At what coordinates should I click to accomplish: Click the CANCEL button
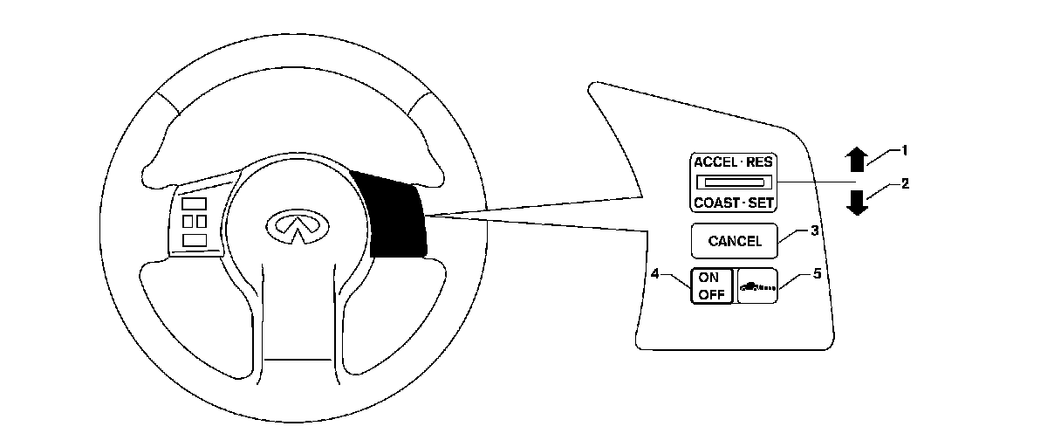[735, 241]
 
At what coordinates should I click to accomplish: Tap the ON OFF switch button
[712, 285]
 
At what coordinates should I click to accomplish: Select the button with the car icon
[757, 285]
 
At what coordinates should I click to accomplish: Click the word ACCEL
[715, 163]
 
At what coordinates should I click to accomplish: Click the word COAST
[718, 203]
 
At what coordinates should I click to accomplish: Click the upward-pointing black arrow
[858, 159]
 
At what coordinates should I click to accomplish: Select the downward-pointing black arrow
[858, 202]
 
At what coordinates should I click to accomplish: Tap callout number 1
[905, 150]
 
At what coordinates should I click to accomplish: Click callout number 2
[905, 184]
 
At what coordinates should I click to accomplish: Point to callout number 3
[813, 231]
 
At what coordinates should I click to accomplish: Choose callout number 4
[654, 273]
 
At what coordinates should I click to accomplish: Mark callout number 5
[817, 273]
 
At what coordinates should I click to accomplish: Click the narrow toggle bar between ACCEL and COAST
[734, 182]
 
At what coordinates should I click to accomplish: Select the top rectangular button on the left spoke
[195, 203]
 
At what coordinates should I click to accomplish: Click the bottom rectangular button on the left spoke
[195, 238]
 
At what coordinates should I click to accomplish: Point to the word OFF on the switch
[712, 293]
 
